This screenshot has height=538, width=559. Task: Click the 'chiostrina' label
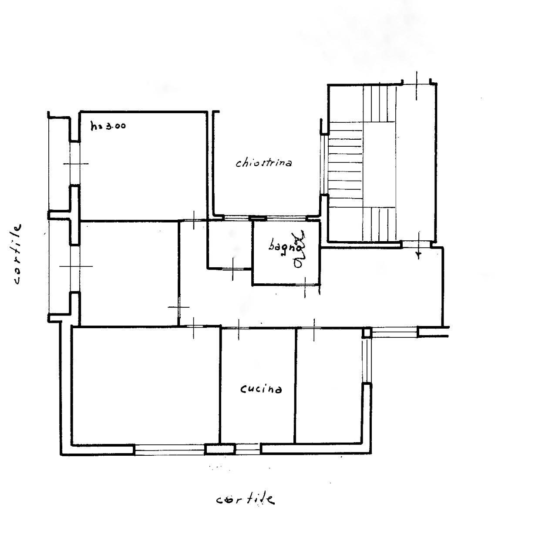(x=263, y=163)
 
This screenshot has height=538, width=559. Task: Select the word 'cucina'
(x=261, y=390)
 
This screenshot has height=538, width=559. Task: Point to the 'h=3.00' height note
(x=108, y=126)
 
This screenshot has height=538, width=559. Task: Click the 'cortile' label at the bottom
(x=245, y=500)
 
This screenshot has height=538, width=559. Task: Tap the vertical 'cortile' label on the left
(x=17, y=254)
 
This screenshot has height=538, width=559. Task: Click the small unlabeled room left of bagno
(x=230, y=245)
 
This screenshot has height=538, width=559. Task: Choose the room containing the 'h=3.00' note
(x=143, y=166)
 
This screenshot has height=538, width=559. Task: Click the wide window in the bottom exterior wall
(x=169, y=450)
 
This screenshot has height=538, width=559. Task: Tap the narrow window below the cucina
(x=248, y=449)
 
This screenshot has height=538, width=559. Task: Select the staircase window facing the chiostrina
(x=324, y=165)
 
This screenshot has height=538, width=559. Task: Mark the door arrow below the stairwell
(x=418, y=245)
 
